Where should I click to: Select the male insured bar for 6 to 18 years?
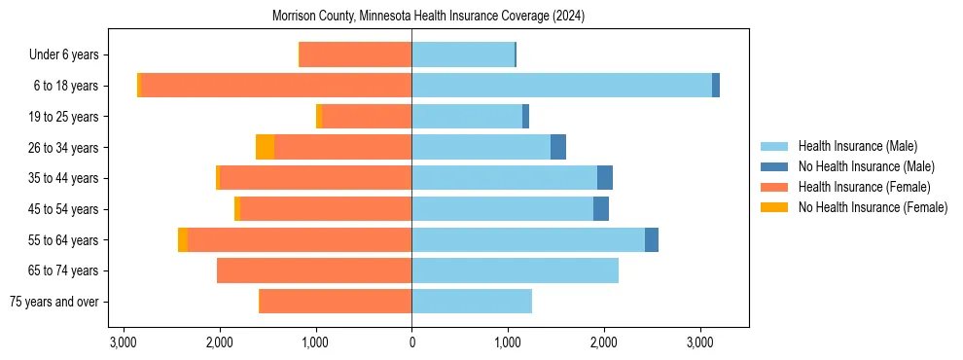pyautogui.click(x=561, y=86)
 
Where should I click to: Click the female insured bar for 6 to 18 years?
pyautogui.click(x=276, y=86)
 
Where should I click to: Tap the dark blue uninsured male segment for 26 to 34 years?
pyautogui.click(x=558, y=147)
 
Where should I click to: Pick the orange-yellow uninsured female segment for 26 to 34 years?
pyautogui.click(x=265, y=147)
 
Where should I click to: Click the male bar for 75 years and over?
pyautogui.click(x=472, y=302)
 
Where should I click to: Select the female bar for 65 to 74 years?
pyautogui.click(x=314, y=270)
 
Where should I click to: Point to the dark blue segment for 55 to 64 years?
pyautogui.click(x=652, y=240)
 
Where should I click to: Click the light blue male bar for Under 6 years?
pyautogui.click(x=463, y=54)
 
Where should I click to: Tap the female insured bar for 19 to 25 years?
pyautogui.click(x=367, y=117)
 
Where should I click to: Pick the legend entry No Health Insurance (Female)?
pyautogui.click(x=872, y=207)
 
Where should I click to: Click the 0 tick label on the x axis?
pyautogui.click(x=411, y=343)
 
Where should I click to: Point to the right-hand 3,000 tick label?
pyautogui.click(x=700, y=343)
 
